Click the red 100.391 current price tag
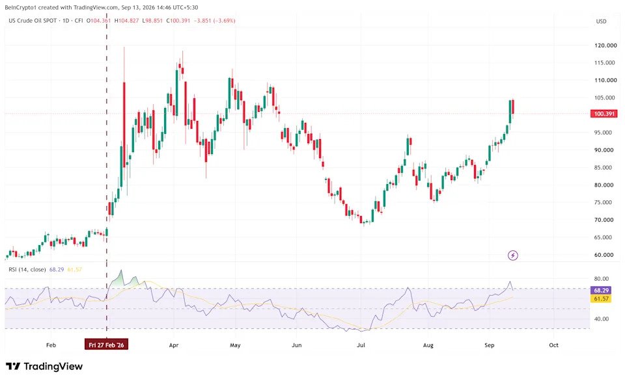pyautogui.click(x=604, y=114)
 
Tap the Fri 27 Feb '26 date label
pyautogui.click(x=106, y=345)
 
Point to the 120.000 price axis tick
pyautogui.click(x=605, y=46)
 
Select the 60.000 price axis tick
pyautogui.click(x=604, y=255)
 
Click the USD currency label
pyautogui.click(x=601, y=21)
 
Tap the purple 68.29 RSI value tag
pyautogui.click(x=602, y=290)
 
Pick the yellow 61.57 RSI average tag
pyautogui.click(x=602, y=298)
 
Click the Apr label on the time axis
pyautogui.click(x=174, y=345)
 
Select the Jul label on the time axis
pyautogui.click(x=361, y=345)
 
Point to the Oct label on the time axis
pyautogui.click(x=553, y=345)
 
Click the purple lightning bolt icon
pyautogui.click(x=513, y=256)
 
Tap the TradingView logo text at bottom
pyautogui.click(x=44, y=366)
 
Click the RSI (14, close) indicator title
pyautogui.click(x=27, y=270)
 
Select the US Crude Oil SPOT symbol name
pyautogui.click(x=33, y=20)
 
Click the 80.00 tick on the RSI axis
pyautogui.click(x=601, y=279)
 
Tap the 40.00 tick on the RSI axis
pyautogui.click(x=601, y=319)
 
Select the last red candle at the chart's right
pyautogui.click(x=512, y=107)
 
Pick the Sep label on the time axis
pyautogui.click(x=490, y=345)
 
